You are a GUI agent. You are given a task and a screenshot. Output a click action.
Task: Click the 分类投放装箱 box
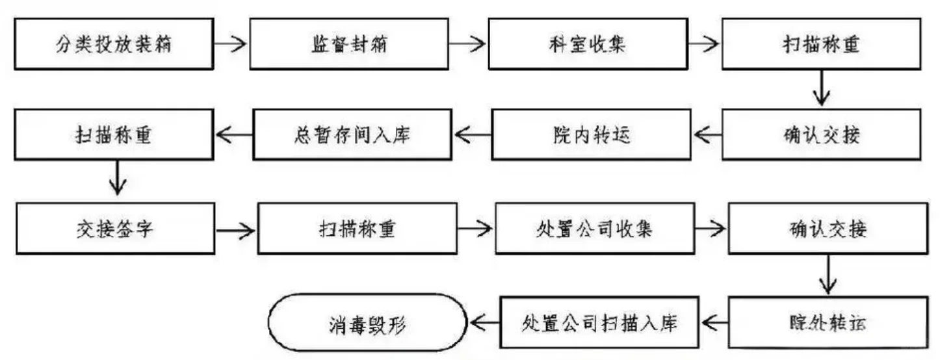[114, 45]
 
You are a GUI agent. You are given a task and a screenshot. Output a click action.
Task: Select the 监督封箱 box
[348, 45]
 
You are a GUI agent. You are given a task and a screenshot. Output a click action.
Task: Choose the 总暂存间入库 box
[352, 135]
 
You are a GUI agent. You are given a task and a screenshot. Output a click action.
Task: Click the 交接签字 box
[114, 229]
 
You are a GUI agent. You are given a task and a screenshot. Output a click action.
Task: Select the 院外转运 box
[825, 321]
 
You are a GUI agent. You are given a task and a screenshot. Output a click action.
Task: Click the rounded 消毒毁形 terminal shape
[367, 321]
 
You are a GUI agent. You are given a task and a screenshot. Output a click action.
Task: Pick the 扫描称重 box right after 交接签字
[356, 229]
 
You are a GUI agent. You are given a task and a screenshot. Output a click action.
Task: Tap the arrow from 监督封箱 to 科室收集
[468, 45]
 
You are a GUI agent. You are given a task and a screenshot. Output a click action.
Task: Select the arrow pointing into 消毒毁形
[483, 321]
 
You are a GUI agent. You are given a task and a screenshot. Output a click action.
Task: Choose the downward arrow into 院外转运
[827, 274]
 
